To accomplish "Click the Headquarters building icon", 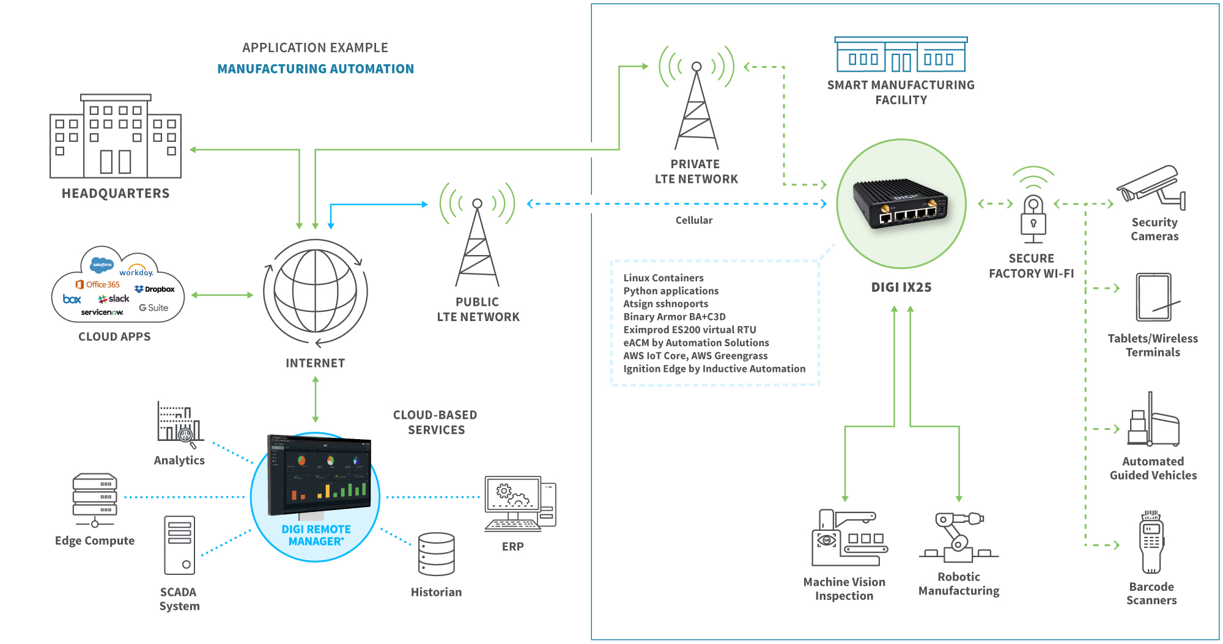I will pos(116,136).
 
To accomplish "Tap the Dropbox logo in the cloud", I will pos(155,289).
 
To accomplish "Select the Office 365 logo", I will pos(98,284).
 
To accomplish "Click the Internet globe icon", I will pos(316,292).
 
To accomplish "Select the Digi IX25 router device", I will pos(901,205).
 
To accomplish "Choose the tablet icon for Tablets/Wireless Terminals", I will pos(1155,297).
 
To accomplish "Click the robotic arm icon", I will pos(958,537).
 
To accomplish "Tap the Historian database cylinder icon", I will pos(437,554).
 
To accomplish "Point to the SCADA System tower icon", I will pos(180,545).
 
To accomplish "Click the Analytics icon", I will pos(179,423).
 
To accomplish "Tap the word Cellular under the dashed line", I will pos(693,220).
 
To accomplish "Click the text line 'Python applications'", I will pos(671,291).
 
